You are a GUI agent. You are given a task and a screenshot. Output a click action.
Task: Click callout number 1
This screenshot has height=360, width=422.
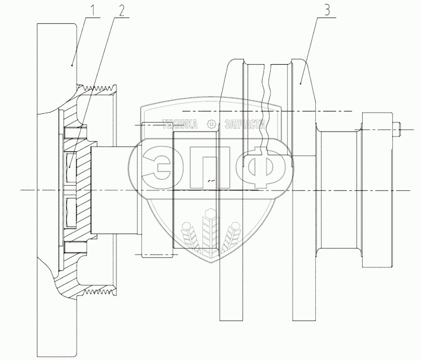[92, 10]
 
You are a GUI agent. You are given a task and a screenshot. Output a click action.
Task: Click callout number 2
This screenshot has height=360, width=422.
[122, 10]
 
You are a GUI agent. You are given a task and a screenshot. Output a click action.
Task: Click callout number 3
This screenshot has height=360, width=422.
[326, 9]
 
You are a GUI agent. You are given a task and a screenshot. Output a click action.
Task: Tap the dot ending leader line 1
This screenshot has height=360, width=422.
[72, 65]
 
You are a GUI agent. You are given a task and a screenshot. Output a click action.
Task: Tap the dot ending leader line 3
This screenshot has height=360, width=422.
[300, 84]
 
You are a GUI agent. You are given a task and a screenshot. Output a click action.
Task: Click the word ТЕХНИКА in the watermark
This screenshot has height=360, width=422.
[179, 124]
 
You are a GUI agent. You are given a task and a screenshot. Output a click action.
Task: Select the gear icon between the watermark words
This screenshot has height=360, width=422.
[211, 124]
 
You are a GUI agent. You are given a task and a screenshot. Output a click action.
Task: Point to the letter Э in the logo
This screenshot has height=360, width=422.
[156, 167]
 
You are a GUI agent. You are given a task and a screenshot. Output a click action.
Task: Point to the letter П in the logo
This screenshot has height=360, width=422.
[210, 167]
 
